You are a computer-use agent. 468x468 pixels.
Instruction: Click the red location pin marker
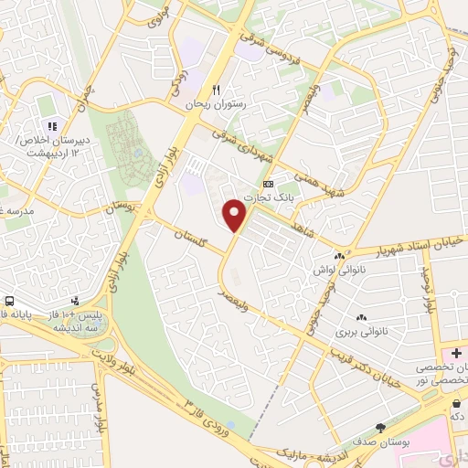click(235, 215)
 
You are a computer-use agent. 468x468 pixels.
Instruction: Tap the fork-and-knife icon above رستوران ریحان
click(217, 90)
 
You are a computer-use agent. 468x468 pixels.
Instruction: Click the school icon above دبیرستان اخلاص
click(54, 126)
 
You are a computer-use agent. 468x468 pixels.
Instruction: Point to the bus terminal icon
click(9, 302)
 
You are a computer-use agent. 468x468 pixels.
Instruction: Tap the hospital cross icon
click(456, 353)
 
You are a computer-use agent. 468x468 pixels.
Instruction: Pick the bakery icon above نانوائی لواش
click(339, 259)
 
